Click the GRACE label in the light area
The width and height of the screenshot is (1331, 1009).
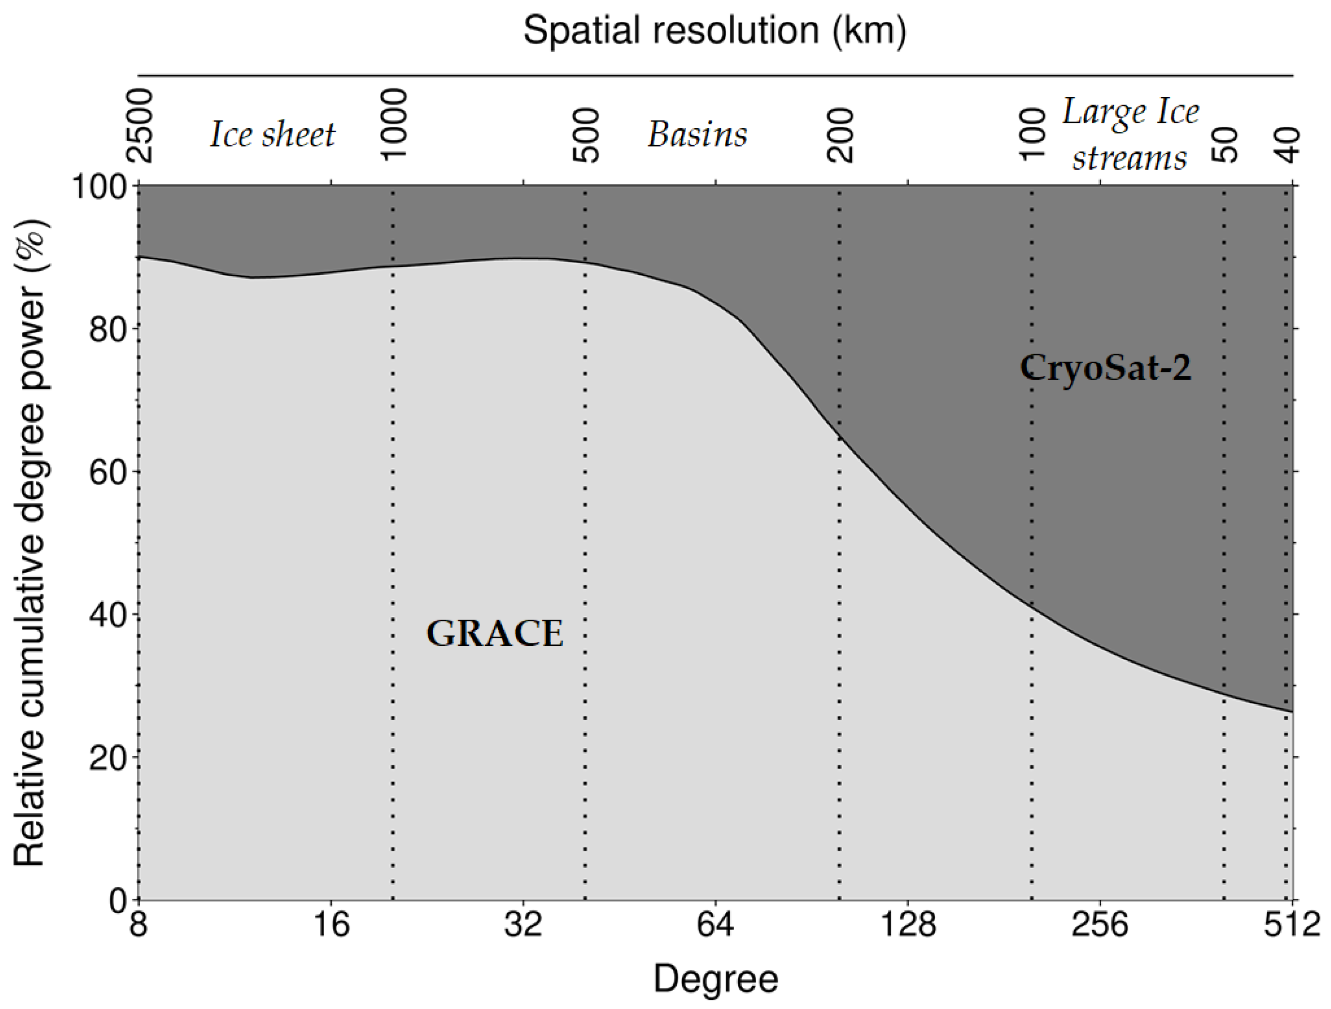(494, 634)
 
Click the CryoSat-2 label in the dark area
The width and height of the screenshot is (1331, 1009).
(1106, 368)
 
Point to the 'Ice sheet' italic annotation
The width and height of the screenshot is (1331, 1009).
(272, 134)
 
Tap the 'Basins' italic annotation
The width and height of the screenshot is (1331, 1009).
(697, 134)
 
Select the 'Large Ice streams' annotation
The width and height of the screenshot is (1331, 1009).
(1130, 135)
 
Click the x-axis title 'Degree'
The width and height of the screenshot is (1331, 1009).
(716, 979)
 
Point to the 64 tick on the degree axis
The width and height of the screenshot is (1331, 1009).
(716, 925)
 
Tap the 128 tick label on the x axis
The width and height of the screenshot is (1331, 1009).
(907, 925)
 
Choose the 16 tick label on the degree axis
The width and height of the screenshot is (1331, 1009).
(331, 925)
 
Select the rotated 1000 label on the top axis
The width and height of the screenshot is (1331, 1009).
(395, 125)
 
